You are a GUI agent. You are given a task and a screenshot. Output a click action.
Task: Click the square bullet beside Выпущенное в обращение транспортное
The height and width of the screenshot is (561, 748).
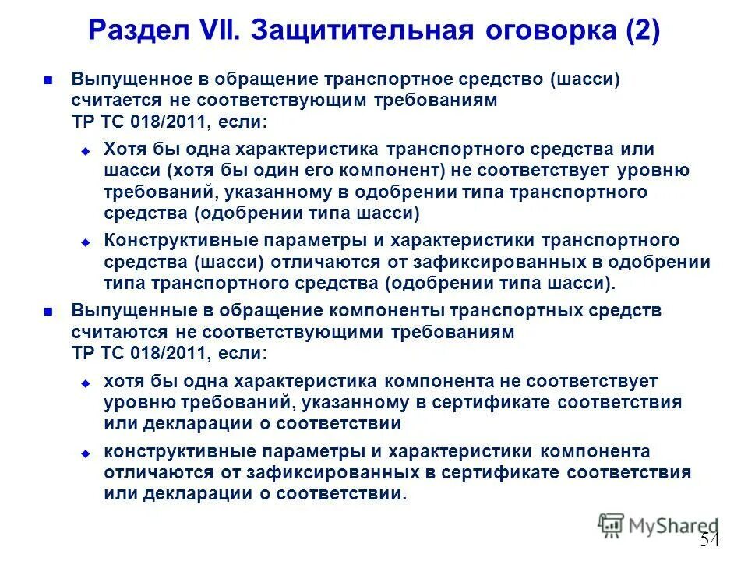pyautogui.click(x=48, y=79)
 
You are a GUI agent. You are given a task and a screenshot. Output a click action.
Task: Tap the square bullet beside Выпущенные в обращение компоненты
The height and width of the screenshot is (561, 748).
pyautogui.click(x=48, y=311)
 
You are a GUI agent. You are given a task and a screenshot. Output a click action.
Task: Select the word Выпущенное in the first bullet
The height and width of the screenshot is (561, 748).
pyautogui.click(x=128, y=79)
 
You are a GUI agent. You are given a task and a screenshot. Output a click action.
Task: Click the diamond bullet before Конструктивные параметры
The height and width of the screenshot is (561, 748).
pyautogui.click(x=86, y=242)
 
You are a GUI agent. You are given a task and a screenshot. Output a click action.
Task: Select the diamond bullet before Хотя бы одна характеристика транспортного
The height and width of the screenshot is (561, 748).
pyautogui.click(x=86, y=150)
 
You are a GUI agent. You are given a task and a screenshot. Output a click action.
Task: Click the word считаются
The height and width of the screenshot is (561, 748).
pyautogui.click(x=117, y=332)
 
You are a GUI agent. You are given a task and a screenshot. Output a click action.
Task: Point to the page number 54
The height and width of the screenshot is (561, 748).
pyautogui.click(x=710, y=540)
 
